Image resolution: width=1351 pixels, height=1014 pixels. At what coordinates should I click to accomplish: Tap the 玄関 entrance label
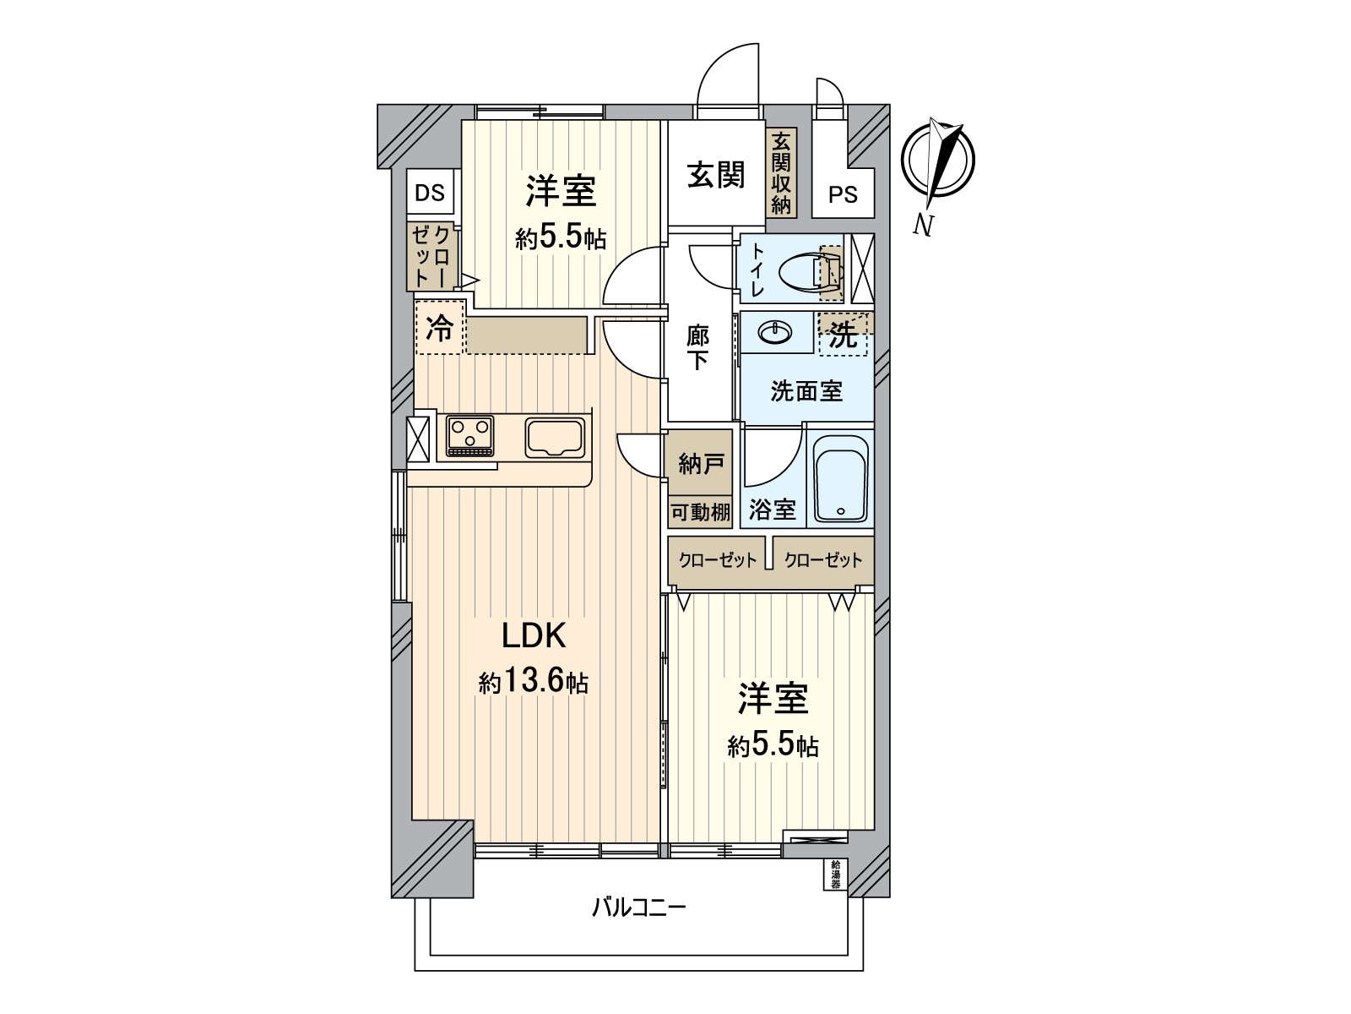[x=715, y=175]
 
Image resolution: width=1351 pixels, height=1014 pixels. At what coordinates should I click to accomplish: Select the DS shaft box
[x=430, y=193]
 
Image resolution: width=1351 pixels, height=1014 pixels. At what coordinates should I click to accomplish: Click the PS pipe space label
[x=842, y=195]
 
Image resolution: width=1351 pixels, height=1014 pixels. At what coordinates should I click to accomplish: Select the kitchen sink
[x=555, y=437]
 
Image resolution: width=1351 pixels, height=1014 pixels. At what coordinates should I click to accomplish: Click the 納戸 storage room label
[x=700, y=463]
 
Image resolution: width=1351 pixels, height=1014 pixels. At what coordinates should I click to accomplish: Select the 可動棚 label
[x=700, y=511]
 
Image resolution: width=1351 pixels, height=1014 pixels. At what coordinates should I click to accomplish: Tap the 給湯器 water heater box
[x=834, y=875]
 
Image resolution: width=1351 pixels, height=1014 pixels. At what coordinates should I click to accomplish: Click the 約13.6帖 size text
[x=534, y=681]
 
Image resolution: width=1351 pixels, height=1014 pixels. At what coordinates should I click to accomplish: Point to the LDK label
[x=533, y=635]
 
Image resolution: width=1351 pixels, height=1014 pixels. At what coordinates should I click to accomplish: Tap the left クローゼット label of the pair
[x=718, y=560]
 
